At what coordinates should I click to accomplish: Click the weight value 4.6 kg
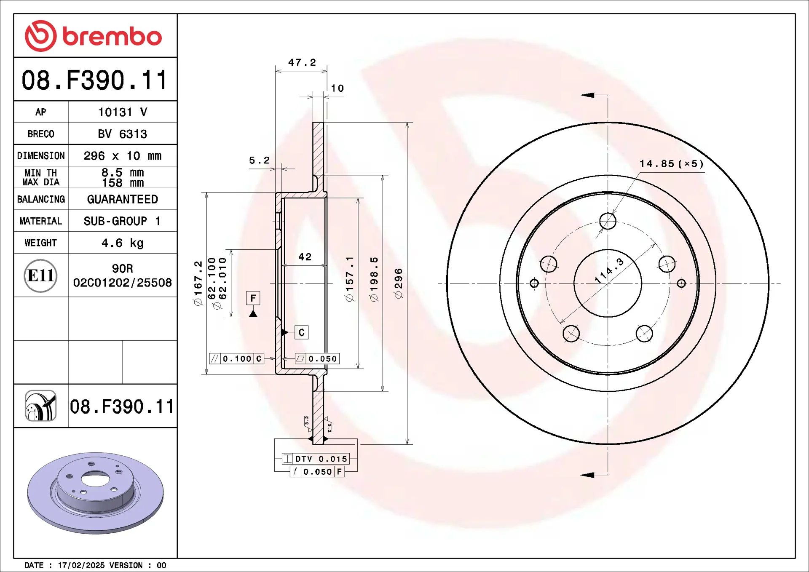[122, 243]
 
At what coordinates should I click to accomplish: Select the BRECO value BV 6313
[122, 134]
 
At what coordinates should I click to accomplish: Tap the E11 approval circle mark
[40, 275]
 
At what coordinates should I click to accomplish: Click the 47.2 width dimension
[302, 62]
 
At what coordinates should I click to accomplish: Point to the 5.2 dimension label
[259, 160]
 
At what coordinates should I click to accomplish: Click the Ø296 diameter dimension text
[399, 283]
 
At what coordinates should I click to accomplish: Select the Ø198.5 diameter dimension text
[374, 279]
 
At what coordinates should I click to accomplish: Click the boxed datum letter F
[253, 298]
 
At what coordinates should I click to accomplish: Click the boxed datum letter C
[302, 332]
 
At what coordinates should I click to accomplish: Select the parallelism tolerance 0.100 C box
[237, 358]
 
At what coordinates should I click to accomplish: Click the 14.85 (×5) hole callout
[671, 164]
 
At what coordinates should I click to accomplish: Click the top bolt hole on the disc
[608, 221]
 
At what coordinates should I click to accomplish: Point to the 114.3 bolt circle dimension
[609, 271]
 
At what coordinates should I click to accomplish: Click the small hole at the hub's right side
[681, 283]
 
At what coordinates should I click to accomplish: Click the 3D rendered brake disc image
[95, 493]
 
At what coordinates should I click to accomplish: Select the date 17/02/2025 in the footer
[81, 565]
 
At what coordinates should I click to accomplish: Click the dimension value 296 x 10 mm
[122, 156]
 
